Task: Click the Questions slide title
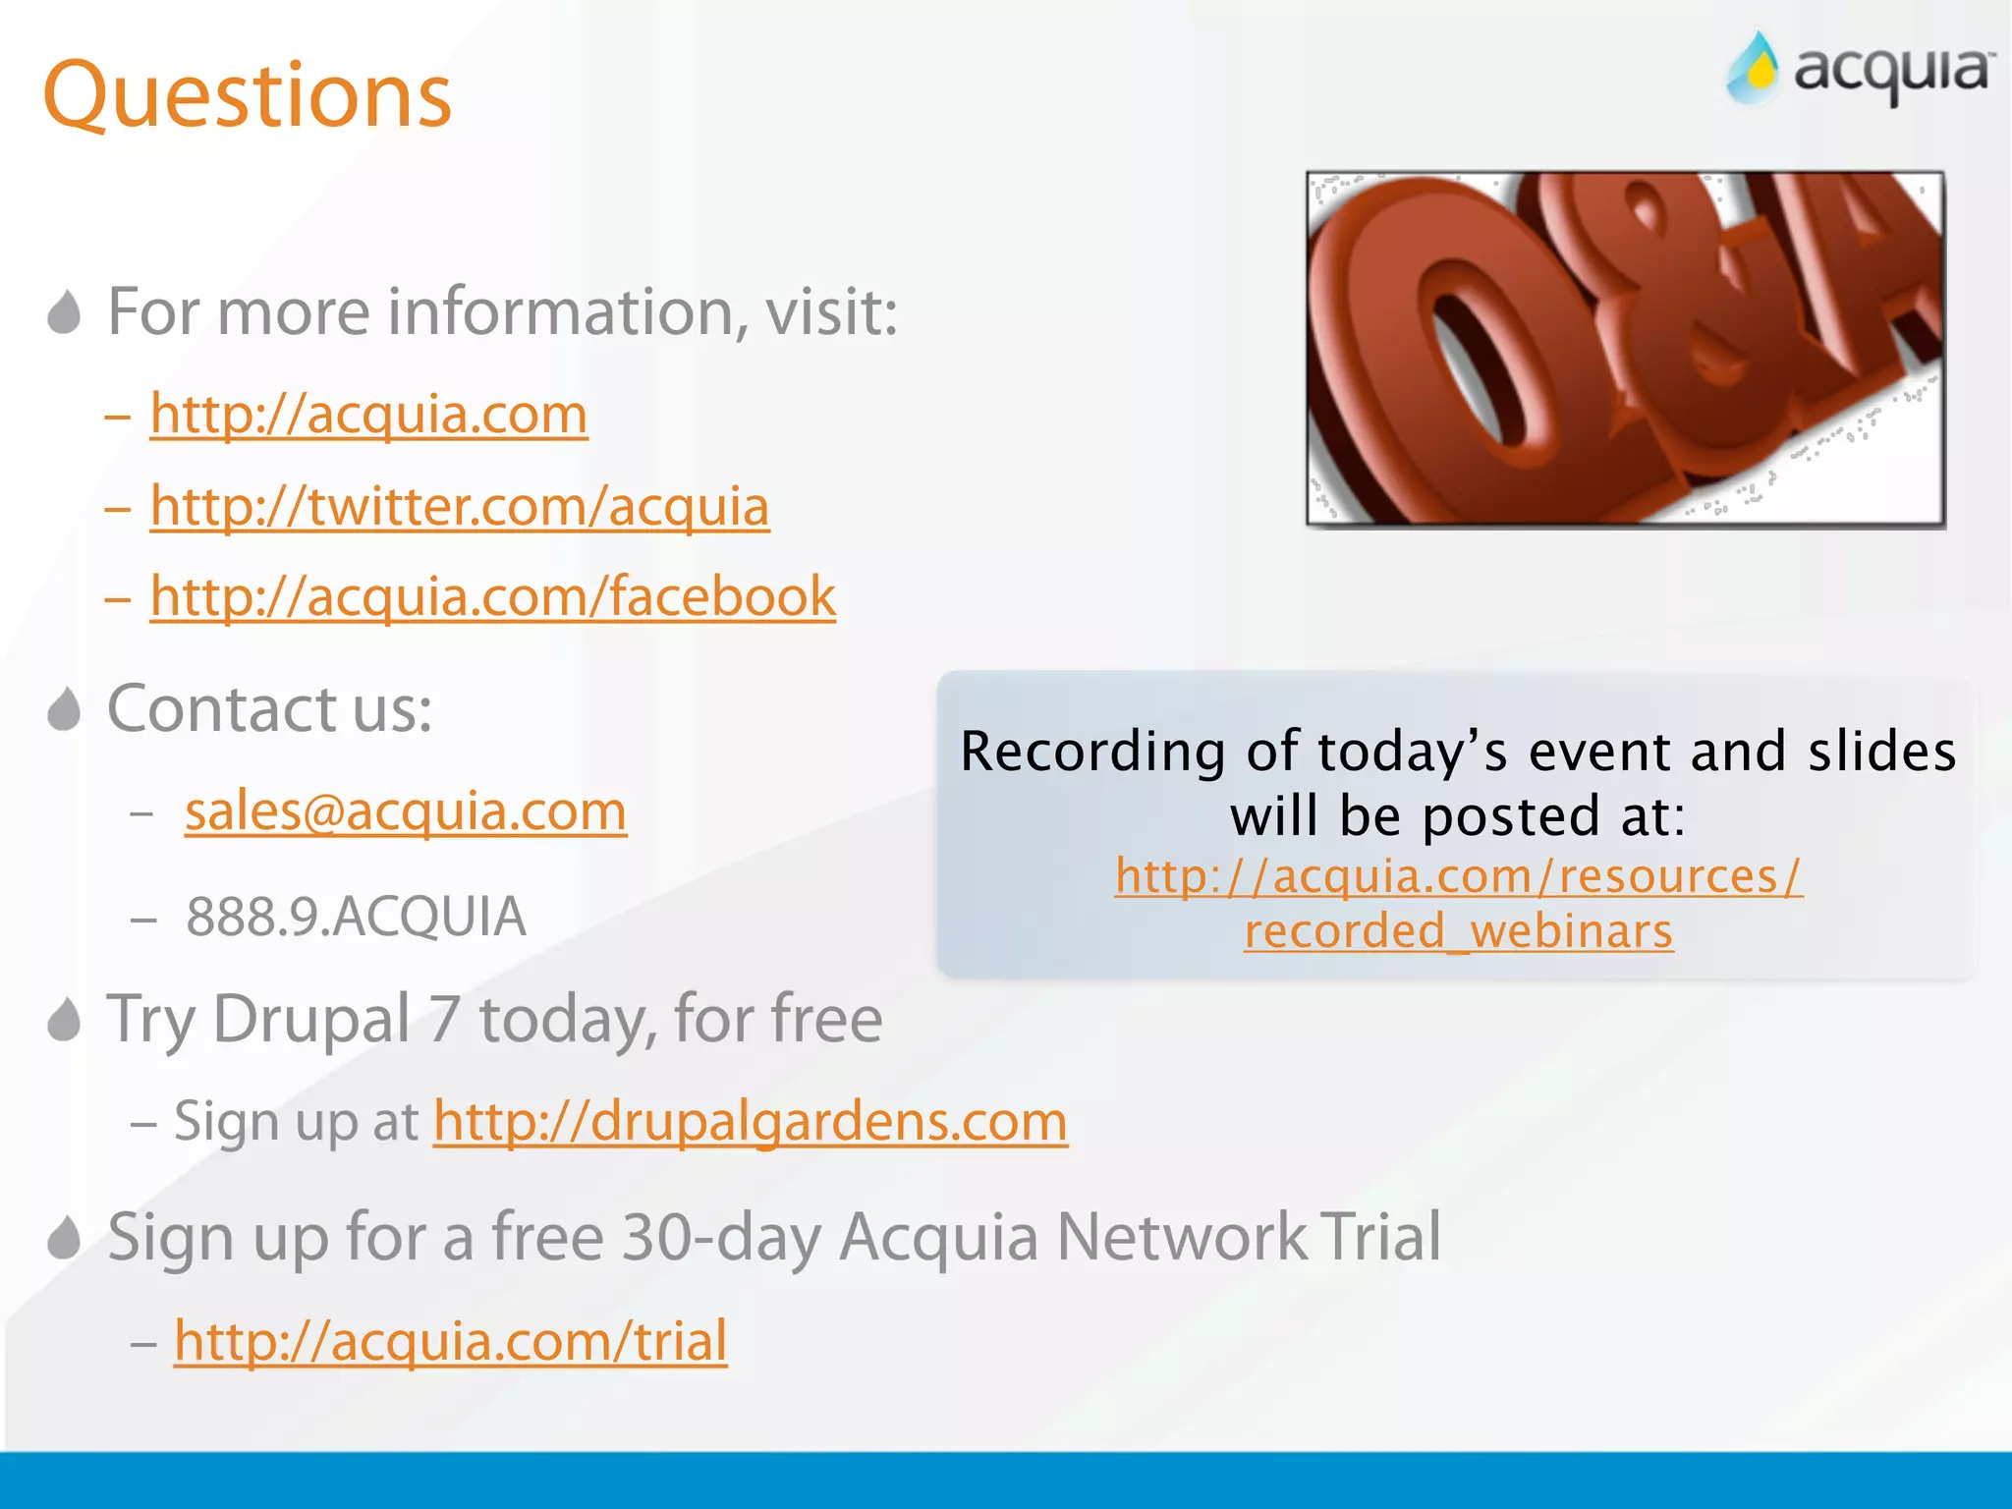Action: pos(247,95)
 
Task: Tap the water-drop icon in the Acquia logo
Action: pos(1755,69)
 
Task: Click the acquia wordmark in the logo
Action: pos(1892,73)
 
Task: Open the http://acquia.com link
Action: pos(368,414)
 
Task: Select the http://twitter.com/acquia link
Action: pos(459,506)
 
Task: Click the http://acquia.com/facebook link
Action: pos(492,596)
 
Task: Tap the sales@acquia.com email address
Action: pos(406,811)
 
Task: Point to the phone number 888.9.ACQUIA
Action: pos(356,917)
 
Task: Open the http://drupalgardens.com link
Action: pos(751,1121)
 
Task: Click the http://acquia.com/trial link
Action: pos(450,1341)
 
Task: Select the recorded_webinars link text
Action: pos(1458,930)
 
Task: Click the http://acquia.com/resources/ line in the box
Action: pos(1458,875)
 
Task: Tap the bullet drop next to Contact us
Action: pos(64,709)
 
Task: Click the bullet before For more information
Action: pos(64,312)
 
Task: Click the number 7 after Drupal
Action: pos(444,1019)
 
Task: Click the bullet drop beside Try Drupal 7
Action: pos(64,1020)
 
